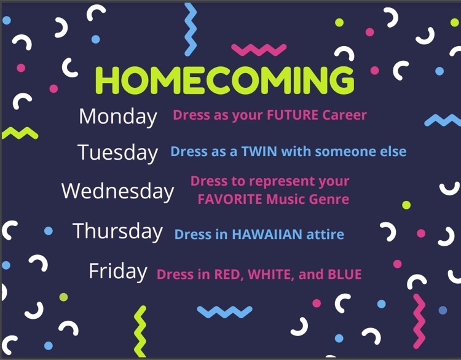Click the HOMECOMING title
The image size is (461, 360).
(x=225, y=80)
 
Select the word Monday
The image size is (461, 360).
(x=118, y=117)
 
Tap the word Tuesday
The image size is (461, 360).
(x=118, y=152)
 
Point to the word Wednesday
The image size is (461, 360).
(x=117, y=191)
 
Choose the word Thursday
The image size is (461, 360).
(x=117, y=231)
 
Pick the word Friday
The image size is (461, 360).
(x=118, y=271)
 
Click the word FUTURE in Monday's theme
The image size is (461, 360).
(x=293, y=115)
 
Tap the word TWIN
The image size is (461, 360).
(x=259, y=152)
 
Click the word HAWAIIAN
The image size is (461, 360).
(x=267, y=235)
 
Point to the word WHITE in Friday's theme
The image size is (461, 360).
(x=271, y=275)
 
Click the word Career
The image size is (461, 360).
(x=345, y=115)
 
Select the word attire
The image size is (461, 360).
(x=325, y=235)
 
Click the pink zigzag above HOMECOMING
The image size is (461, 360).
(x=259, y=50)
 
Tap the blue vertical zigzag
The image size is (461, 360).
(x=191, y=29)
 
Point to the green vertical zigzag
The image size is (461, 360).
(x=140, y=332)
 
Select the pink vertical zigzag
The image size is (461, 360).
(x=419, y=321)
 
